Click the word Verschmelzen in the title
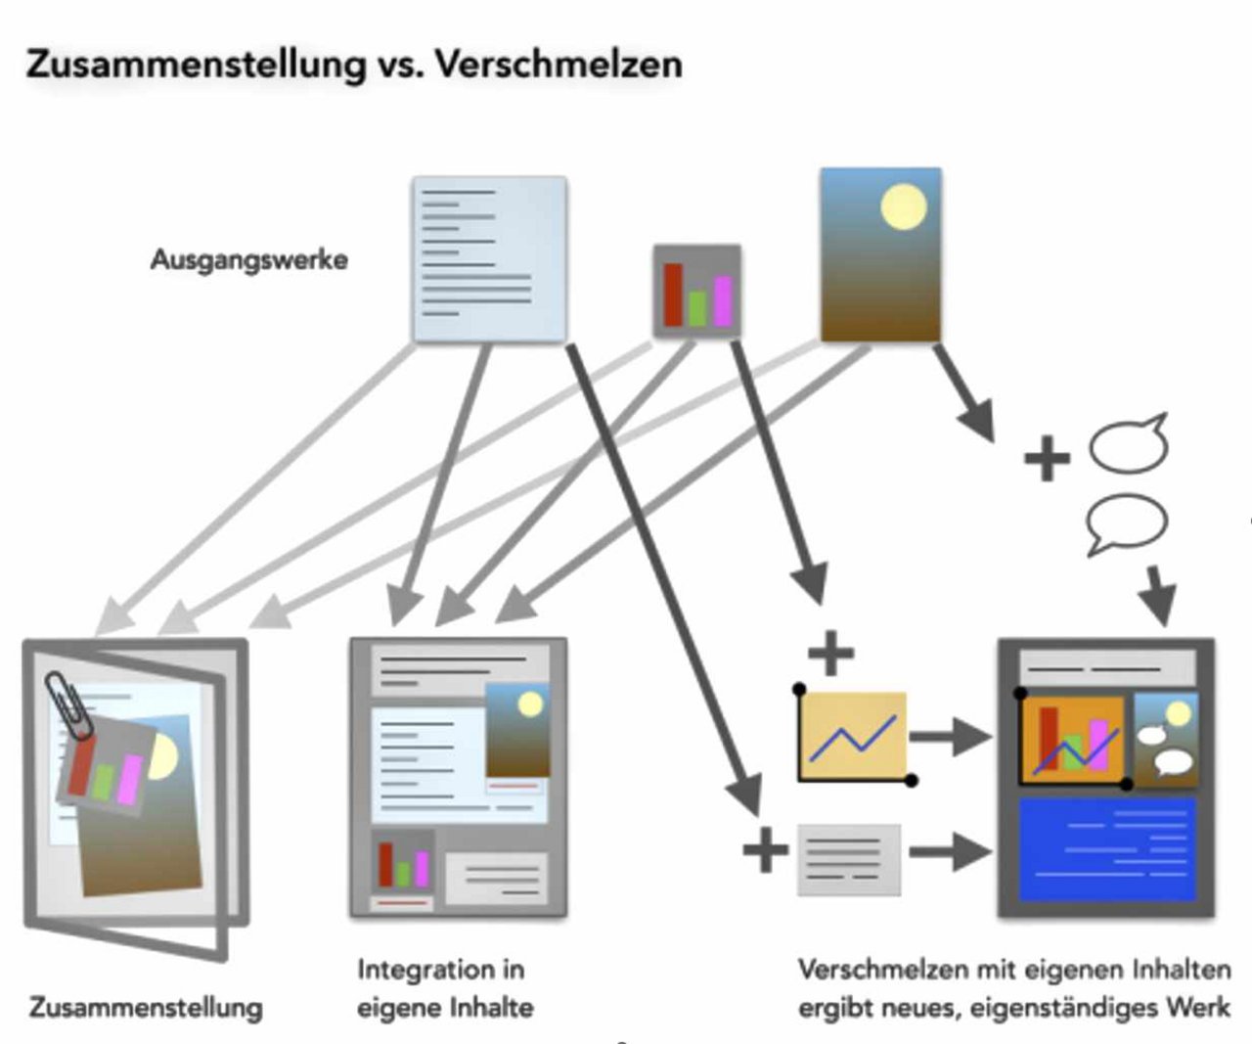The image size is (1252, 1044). [x=559, y=65]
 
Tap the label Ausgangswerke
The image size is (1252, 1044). [x=249, y=260]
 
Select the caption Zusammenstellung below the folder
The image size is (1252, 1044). [x=146, y=1008]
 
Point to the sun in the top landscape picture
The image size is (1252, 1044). [x=904, y=207]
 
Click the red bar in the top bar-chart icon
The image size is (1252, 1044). [x=673, y=295]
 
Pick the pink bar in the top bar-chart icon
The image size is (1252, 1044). [x=723, y=301]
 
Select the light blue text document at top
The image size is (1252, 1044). [x=490, y=259]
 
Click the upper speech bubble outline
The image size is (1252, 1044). [x=1129, y=444]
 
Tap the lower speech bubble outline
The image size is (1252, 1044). [x=1127, y=523]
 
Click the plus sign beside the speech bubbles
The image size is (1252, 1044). [x=1047, y=458]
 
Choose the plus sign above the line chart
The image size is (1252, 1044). [x=831, y=653]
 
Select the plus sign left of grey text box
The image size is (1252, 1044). [x=765, y=849]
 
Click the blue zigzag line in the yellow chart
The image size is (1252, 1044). [x=853, y=739]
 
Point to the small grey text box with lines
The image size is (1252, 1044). [x=849, y=860]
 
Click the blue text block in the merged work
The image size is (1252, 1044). [x=1108, y=848]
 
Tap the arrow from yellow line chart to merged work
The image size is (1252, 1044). [x=951, y=737]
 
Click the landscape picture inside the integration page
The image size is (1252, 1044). [x=517, y=730]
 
